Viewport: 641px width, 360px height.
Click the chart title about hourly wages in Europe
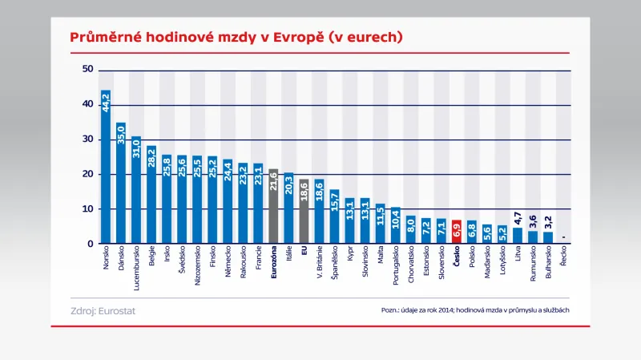pos(236,38)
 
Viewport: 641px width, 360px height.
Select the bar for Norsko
pos(106,168)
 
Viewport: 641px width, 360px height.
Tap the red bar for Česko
pos(457,232)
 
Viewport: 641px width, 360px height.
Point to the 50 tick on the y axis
pos(88,71)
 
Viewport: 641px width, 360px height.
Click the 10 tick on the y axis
pos(88,209)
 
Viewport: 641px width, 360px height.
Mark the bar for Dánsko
pos(121,184)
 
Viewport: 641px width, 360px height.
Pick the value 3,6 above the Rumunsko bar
pos(533,221)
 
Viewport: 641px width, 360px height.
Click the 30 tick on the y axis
pos(88,140)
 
